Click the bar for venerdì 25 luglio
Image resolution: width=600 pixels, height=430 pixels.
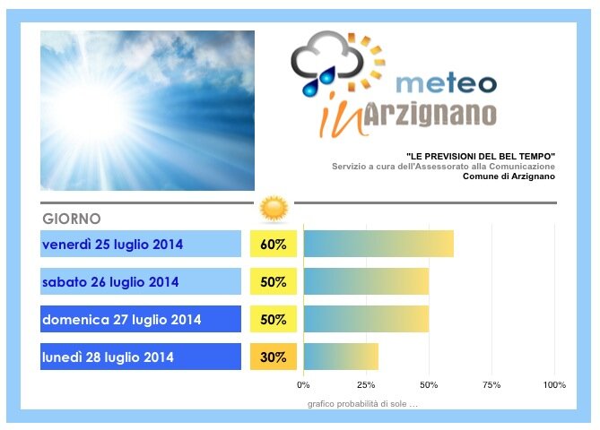pyautogui.click(x=378, y=244)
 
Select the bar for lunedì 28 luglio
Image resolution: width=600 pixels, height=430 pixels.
pyautogui.click(x=342, y=357)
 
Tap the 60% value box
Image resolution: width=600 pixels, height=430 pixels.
pyautogui.click(x=274, y=244)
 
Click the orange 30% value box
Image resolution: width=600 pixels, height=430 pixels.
pyautogui.click(x=274, y=357)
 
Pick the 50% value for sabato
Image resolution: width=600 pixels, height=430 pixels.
pyautogui.click(x=274, y=281)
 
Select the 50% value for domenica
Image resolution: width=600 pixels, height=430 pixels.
pyautogui.click(x=274, y=319)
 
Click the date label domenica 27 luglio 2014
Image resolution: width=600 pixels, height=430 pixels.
pyautogui.click(x=122, y=319)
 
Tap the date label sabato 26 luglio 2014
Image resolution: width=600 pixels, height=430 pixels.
pyautogui.click(x=110, y=281)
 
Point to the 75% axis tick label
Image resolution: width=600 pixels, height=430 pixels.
pyautogui.click(x=491, y=385)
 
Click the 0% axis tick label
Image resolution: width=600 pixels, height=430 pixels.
pyautogui.click(x=303, y=385)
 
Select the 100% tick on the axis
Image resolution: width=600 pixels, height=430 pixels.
pyautogui.click(x=554, y=385)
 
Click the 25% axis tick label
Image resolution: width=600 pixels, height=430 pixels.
pyautogui.click(x=366, y=385)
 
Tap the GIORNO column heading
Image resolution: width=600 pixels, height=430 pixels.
pyautogui.click(x=72, y=219)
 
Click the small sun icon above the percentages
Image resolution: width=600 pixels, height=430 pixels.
pyautogui.click(x=274, y=209)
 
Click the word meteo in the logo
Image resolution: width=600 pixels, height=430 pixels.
pyautogui.click(x=446, y=83)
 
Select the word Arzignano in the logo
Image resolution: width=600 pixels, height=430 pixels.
pyautogui.click(x=430, y=114)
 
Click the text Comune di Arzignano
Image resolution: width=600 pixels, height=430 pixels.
pyautogui.click(x=509, y=176)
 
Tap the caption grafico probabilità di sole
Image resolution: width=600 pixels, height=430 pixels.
pyautogui.click(x=362, y=404)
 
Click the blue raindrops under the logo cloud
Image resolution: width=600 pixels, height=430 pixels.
pyautogui.click(x=318, y=82)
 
